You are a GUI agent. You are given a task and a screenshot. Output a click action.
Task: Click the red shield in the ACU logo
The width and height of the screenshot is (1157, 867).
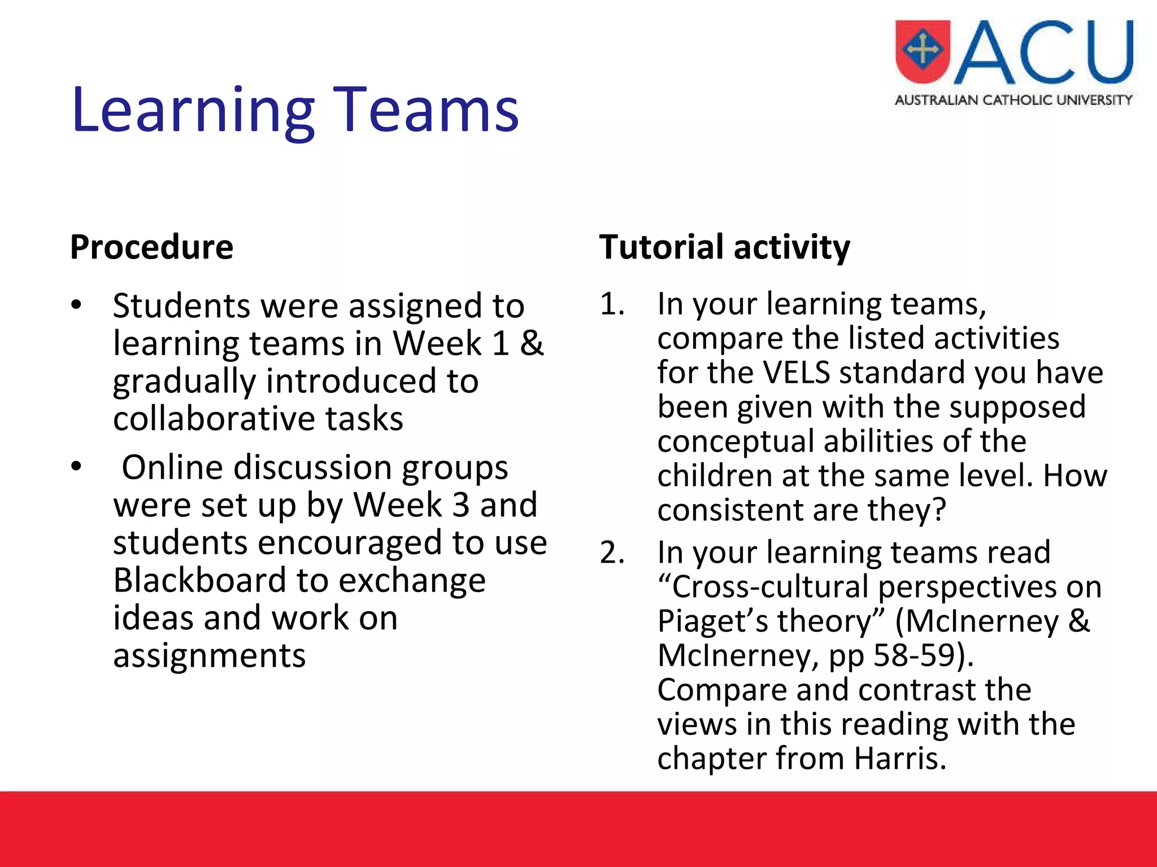pyautogui.click(x=923, y=51)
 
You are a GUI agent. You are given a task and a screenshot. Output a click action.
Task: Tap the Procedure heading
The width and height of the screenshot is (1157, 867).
pyautogui.click(x=151, y=247)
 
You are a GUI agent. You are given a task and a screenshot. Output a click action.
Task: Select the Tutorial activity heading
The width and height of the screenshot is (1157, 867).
pyautogui.click(x=724, y=247)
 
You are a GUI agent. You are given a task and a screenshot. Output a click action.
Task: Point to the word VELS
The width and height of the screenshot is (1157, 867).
pyautogui.click(x=796, y=373)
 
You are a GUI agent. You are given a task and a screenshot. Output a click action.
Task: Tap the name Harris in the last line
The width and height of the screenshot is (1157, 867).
pyautogui.click(x=899, y=758)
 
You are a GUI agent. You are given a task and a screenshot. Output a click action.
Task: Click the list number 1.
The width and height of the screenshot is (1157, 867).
pyautogui.click(x=612, y=305)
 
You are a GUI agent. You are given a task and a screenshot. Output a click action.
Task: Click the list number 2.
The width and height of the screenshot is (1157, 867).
pyautogui.click(x=612, y=553)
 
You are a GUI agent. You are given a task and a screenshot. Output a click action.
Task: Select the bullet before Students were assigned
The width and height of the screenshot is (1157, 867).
pyautogui.click(x=77, y=305)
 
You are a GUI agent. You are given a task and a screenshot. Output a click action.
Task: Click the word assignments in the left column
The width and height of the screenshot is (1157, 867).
pyautogui.click(x=209, y=656)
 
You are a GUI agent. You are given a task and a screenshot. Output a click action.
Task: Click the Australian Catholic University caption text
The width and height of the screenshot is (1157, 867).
pyautogui.click(x=1014, y=100)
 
